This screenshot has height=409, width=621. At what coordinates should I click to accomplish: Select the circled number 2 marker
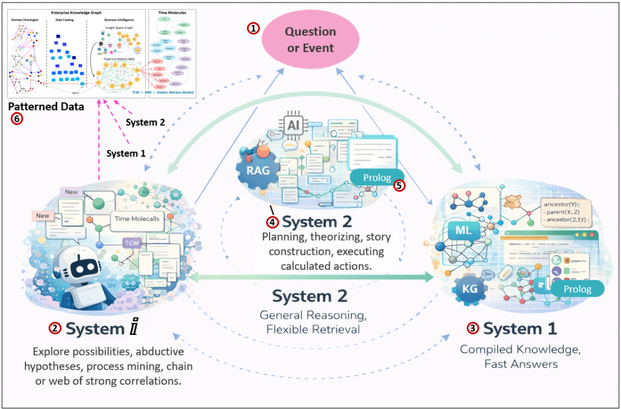55,328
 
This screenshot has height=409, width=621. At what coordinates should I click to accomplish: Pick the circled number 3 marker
472,328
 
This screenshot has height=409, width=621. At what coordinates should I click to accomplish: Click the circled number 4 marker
273,221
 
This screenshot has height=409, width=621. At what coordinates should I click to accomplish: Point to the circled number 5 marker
399,185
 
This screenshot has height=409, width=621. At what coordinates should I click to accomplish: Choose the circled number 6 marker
17,119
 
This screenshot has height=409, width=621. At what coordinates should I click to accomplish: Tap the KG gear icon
469,289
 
